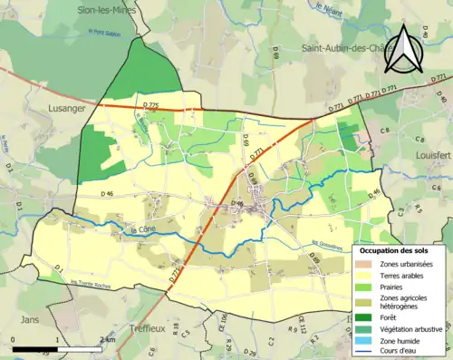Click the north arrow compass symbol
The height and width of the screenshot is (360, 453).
[404, 48]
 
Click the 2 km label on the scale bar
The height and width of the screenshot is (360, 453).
[108, 338]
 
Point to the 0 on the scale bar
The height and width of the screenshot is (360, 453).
[13, 338]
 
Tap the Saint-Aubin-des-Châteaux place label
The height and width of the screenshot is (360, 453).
[348, 49]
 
